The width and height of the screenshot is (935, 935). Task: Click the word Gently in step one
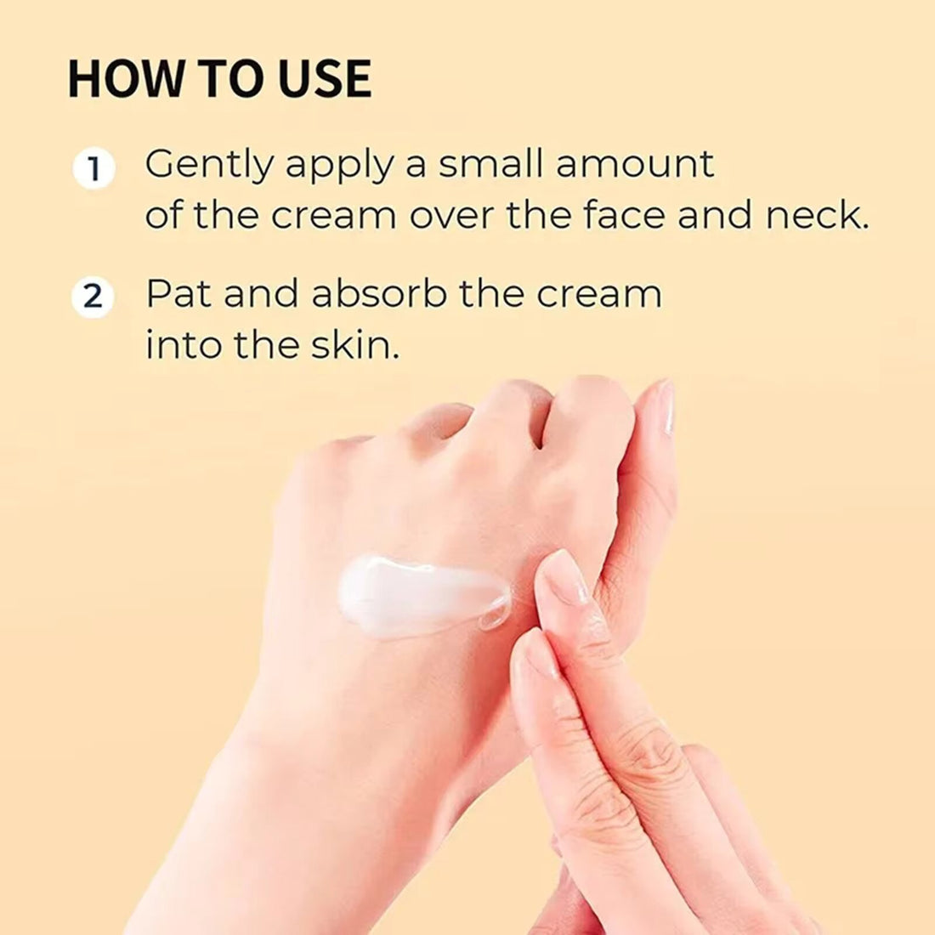(x=208, y=165)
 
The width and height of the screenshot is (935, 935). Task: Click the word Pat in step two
(x=178, y=294)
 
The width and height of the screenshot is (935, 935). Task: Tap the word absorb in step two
(x=379, y=294)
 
